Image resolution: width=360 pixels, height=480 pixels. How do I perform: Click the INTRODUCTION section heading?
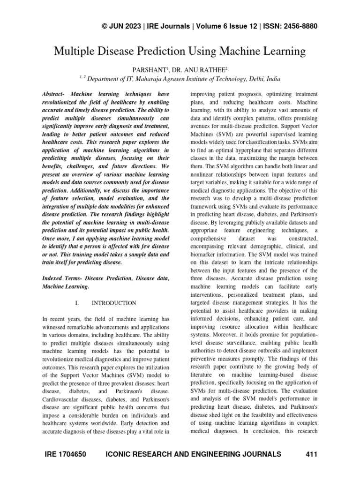[114, 303]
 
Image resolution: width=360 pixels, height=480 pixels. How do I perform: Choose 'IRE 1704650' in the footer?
[64, 454]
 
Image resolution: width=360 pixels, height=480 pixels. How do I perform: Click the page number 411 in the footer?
[311, 454]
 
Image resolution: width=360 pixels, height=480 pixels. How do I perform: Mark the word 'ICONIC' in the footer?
[123, 454]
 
